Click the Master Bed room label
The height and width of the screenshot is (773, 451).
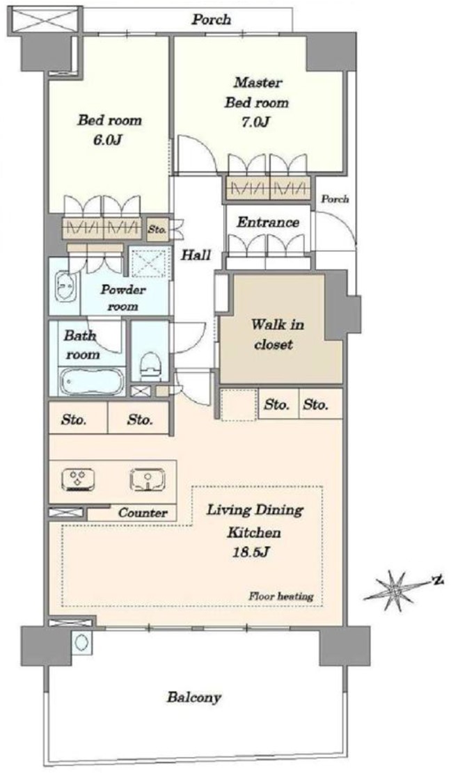tap(256, 93)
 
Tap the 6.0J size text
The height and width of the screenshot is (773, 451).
tap(109, 140)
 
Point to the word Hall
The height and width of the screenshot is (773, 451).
tap(196, 255)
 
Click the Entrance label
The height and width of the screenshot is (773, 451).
tap(268, 223)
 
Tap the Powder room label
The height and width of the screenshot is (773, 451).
tap(122, 298)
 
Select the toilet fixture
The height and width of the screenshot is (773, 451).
tap(150, 365)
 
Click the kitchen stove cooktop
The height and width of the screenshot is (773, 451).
tap(78, 479)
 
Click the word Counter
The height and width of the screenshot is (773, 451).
tap(143, 513)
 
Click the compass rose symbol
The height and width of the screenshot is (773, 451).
tap(396, 591)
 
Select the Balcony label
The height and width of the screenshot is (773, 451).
tap(193, 698)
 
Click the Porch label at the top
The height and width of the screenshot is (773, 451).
tap(211, 20)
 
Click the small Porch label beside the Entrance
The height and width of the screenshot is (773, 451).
tap(335, 199)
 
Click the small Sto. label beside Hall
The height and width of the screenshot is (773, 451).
tap(158, 229)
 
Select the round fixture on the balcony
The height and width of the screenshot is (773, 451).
tap(81, 642)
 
